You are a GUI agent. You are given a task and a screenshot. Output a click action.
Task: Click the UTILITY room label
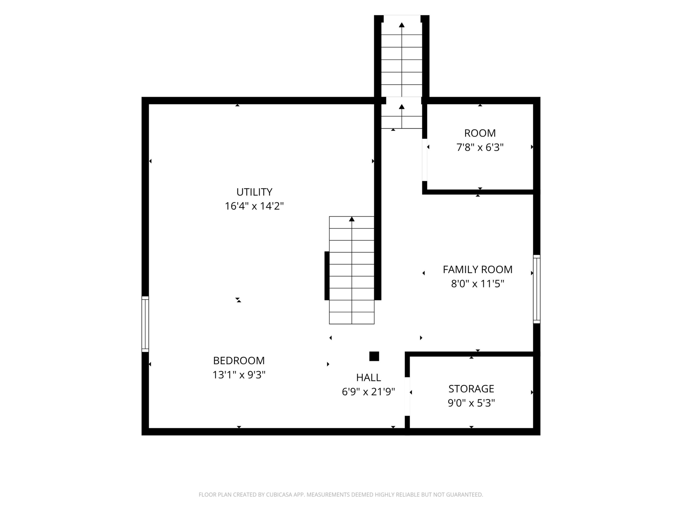254,192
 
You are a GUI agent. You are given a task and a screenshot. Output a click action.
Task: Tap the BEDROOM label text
239,360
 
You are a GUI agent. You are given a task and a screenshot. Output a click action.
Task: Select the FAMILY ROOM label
478,269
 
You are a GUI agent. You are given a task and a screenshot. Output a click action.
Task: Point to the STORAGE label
471,389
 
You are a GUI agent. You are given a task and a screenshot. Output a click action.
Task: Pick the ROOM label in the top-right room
480,133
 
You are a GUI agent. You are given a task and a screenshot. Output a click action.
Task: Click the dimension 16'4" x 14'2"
254,206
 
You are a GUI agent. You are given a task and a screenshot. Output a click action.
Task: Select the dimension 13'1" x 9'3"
239,375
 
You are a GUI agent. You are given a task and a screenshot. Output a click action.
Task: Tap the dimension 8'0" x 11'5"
478,284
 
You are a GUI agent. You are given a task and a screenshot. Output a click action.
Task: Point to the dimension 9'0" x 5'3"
471,403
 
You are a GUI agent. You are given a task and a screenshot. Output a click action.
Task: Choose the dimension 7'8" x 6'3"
480,147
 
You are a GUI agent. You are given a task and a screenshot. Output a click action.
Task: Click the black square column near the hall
374,356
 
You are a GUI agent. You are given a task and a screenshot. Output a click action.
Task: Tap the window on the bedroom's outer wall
145,324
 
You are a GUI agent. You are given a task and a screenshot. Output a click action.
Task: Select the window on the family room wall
537,289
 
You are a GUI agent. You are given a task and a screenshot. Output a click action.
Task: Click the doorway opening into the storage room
407,397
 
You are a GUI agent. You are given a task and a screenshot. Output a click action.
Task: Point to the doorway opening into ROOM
425,160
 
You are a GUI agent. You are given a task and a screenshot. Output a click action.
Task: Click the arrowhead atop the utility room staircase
352,219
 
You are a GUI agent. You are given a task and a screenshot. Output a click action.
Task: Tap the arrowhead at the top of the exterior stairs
402,25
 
